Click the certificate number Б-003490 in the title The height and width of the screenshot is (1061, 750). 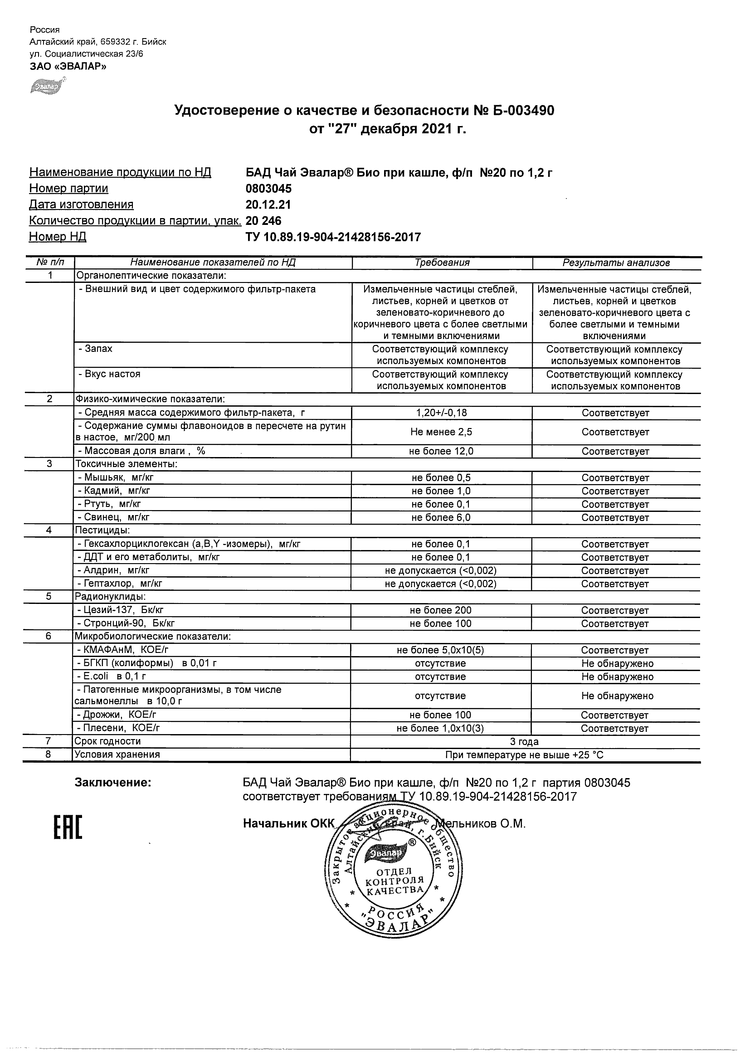click(521, 111)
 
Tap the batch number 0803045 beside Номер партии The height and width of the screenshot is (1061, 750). click(268, 189)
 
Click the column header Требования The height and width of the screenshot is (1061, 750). click(442, 263)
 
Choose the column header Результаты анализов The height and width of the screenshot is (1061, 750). click(616, 263)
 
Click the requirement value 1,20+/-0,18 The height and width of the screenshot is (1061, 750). click(441, 413)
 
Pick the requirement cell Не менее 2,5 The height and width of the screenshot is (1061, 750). click(441, 432)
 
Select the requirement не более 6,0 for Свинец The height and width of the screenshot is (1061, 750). click(441, 517)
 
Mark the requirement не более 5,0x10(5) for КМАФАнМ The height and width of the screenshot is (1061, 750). click(440, 650)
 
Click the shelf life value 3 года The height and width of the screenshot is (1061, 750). click(524, 742)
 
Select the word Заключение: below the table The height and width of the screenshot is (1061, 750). click(113, 783)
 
